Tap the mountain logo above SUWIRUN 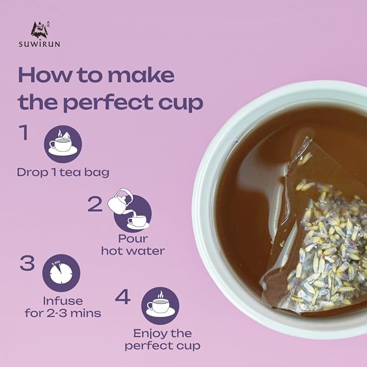(x=41, y=29)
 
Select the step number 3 (x=27, y=264)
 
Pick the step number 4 (x=123, y=297)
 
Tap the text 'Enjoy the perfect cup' (x=162, y=339)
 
